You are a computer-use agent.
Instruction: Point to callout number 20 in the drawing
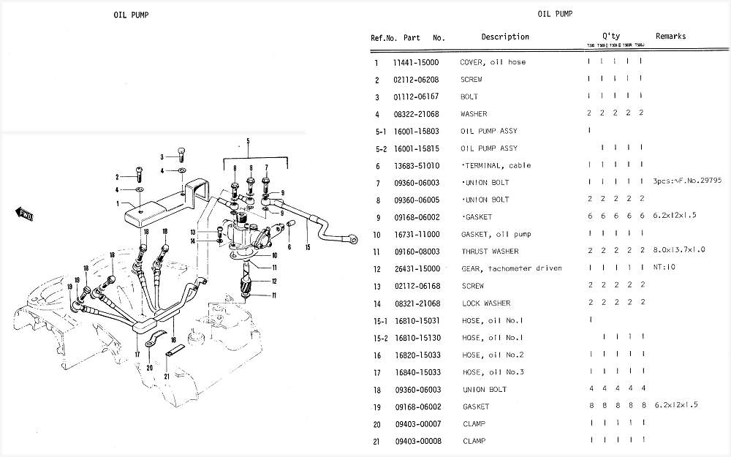click(149, 368)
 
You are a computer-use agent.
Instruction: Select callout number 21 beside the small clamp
click(167, 377)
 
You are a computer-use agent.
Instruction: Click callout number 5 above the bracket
click(248, 140)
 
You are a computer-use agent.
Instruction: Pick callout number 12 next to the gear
click(275, 282)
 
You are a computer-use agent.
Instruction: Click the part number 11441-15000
click(416, 62)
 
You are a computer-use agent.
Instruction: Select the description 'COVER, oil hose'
click(493, 62)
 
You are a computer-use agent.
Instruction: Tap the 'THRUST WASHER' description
click(490, 252)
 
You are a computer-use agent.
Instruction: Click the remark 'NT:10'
click(664, 268)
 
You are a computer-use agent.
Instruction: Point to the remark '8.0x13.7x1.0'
click(680, 251)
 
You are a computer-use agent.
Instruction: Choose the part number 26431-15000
click(416, 268)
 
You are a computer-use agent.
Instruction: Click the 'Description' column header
click(505, 37)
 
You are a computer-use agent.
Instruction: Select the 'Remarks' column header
click(670, 36)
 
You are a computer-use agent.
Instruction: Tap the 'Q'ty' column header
click(611, 36)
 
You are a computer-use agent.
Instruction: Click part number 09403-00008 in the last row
click(416, 441)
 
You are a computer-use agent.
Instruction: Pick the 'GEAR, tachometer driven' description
click(511, 268)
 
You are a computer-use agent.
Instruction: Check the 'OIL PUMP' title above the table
click(556, 13)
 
